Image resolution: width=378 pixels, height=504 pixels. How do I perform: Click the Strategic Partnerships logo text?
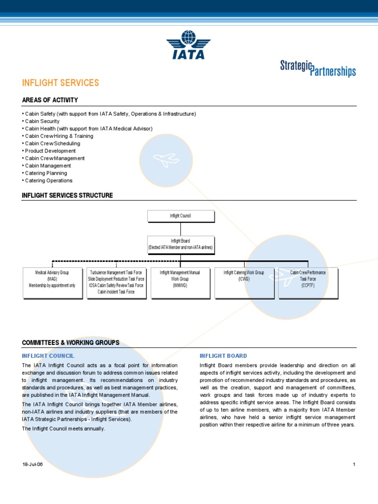[317, 68]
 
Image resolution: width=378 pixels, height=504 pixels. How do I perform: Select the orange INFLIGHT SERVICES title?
[61, 83]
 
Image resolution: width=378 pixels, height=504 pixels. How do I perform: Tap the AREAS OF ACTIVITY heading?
[50, 100]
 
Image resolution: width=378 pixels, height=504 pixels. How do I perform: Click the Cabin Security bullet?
[42, 121]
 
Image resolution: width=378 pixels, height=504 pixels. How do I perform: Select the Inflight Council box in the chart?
[181, 216]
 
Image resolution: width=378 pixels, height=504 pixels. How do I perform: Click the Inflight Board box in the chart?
[181, 244]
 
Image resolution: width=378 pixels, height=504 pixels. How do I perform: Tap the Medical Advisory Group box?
[52, 283]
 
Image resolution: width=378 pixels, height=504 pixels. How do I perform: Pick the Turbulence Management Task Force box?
[116, 283]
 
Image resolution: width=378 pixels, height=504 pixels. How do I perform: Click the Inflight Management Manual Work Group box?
[180, 283]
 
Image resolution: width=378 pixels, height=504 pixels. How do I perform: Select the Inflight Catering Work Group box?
[244, 283]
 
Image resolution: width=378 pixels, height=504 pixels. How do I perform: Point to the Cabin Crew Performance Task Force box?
[308, 283]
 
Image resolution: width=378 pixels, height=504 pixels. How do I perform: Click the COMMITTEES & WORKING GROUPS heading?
[70, 343]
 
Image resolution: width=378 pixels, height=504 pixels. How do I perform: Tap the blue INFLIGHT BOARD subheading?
[223, 356]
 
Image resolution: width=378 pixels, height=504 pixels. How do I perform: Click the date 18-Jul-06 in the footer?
[32, 465]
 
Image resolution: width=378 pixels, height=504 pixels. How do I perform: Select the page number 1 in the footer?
[354, 465]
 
